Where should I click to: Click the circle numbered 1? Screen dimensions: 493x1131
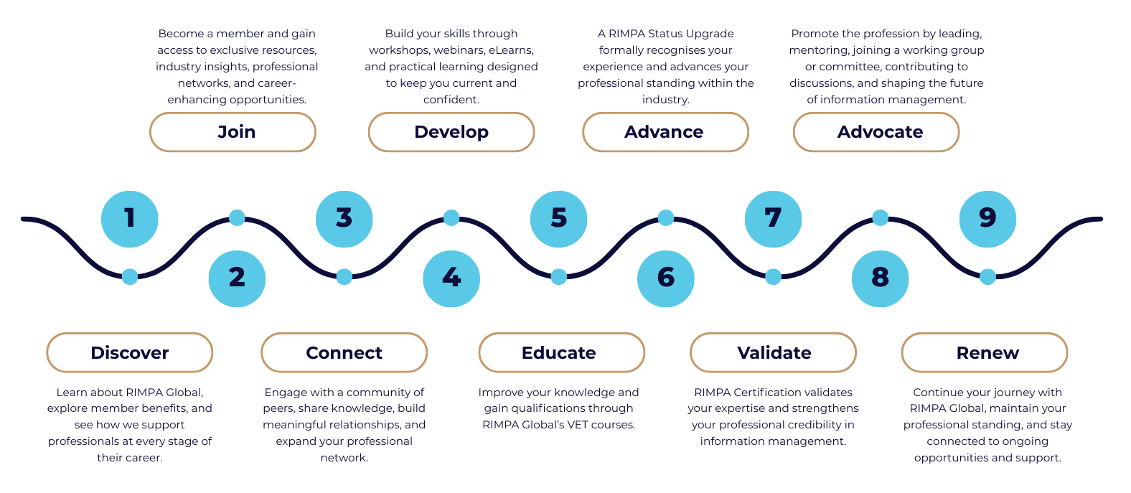[x=129, y=219]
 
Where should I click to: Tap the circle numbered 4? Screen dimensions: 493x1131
[x=451, y=278]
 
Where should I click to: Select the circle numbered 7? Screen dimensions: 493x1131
[x=773, y=219]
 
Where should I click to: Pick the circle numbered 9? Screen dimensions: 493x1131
[x=987, y=219]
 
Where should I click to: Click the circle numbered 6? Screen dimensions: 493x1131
[x=665, y=278]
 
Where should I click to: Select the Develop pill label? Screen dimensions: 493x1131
[x=451, y=132]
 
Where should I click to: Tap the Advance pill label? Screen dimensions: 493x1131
[x=665, y=132]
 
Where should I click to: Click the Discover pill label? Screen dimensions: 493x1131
[x=130, y=352]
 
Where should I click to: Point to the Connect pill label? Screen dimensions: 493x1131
[x=344, y=352]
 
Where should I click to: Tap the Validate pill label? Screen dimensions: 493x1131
[x=773, y=352]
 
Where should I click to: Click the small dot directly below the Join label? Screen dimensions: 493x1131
[x=237, y=217]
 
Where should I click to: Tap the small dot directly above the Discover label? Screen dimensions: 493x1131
[x=130, y=276]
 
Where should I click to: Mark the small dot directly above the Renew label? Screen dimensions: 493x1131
[x=987, y=276]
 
